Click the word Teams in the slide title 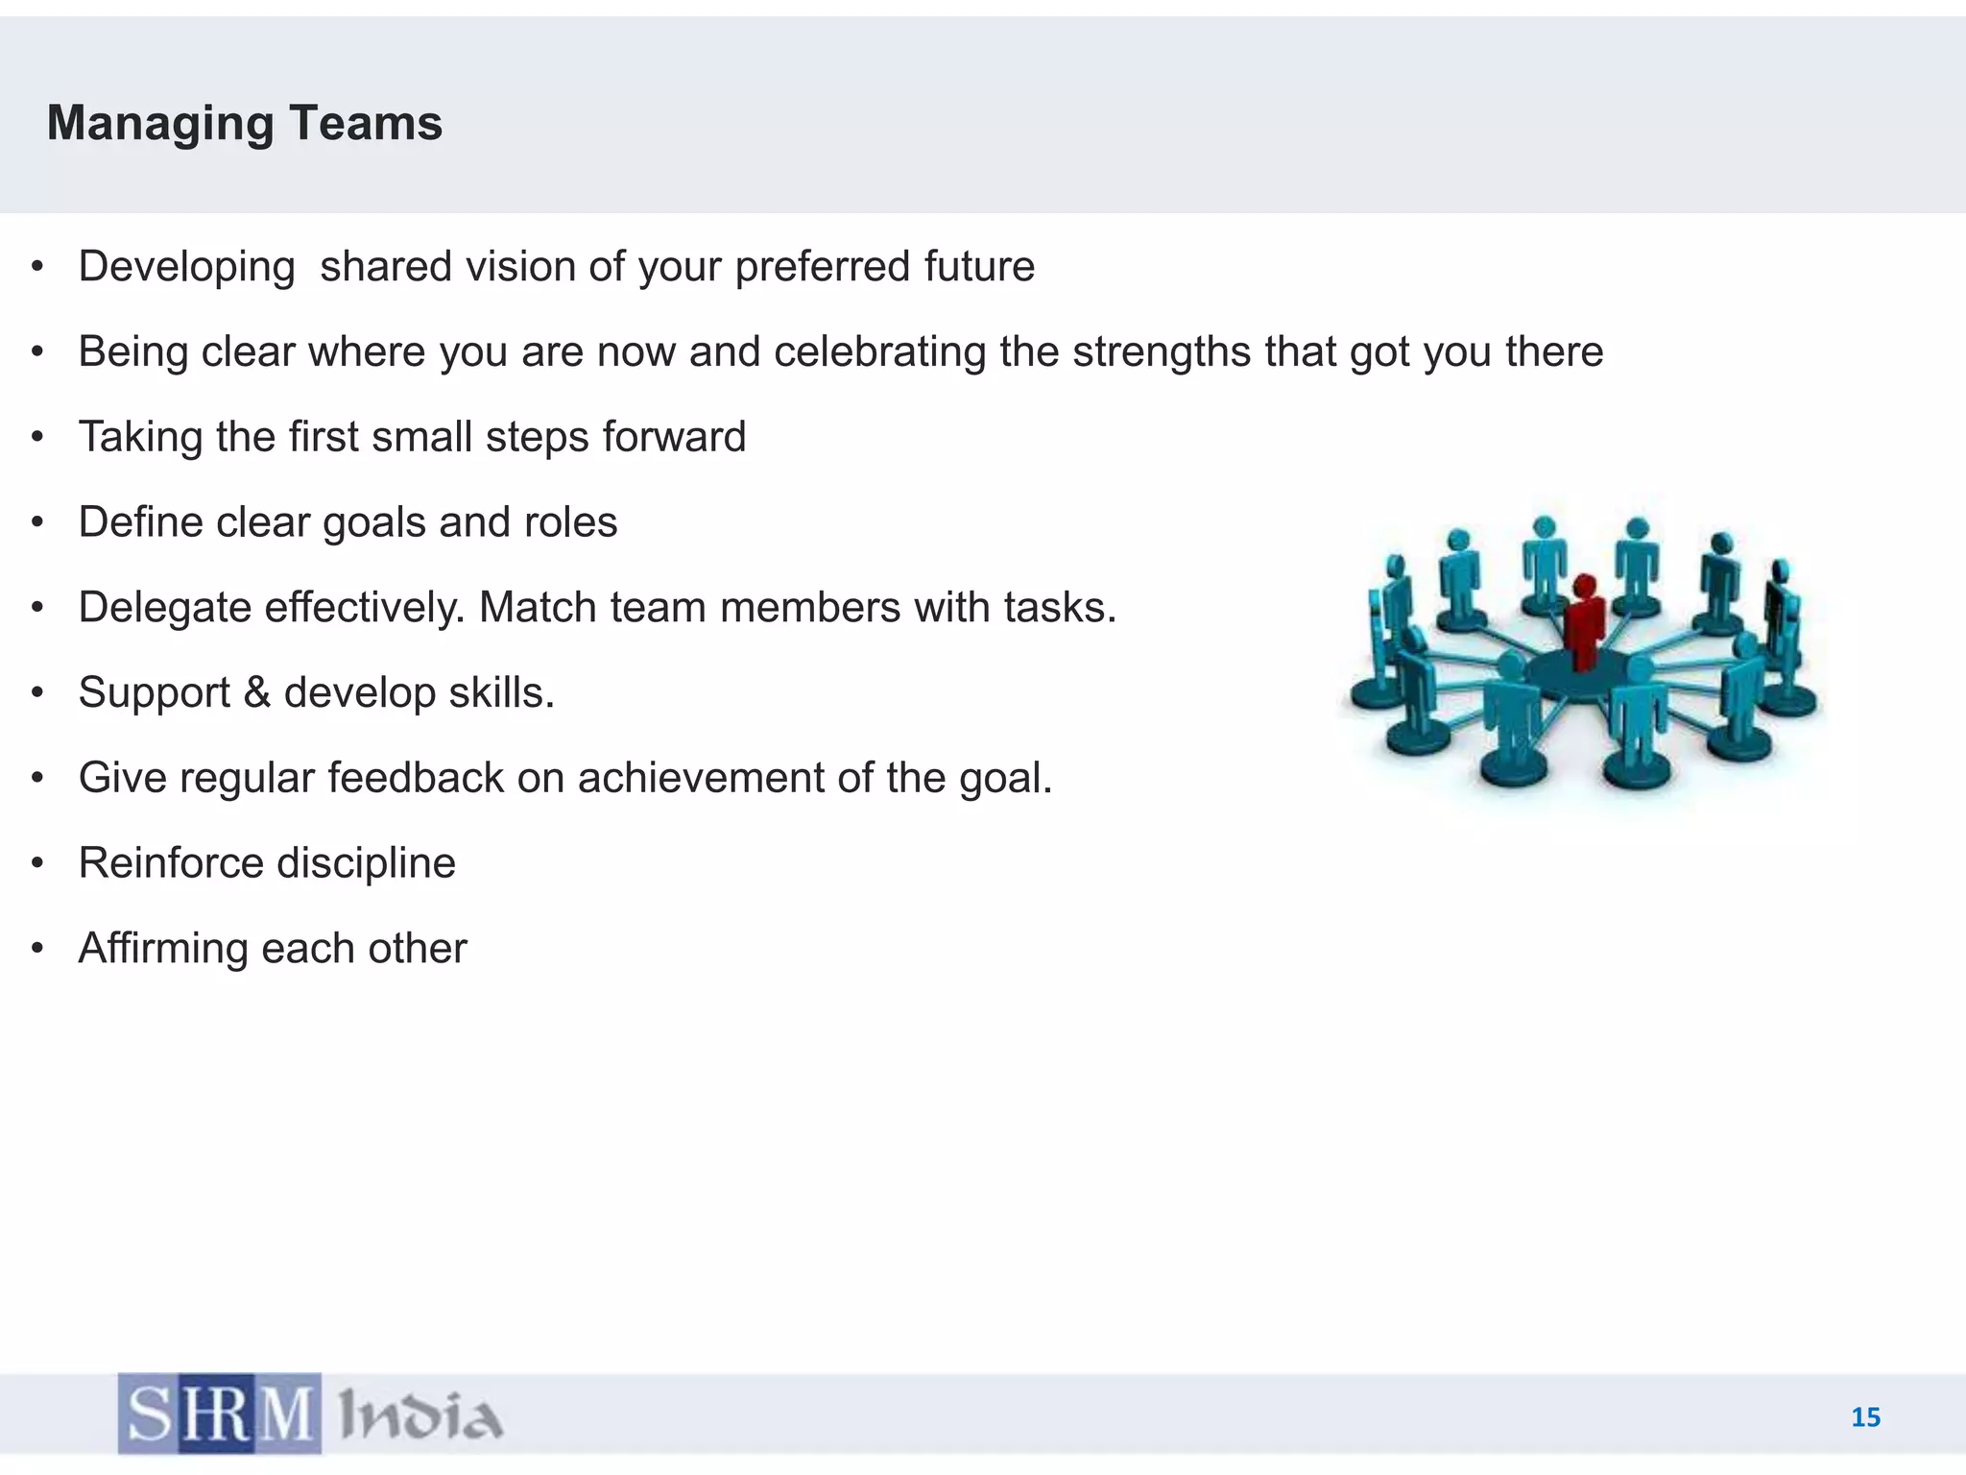(x=365, y=123)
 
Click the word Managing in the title (x=160, y=125)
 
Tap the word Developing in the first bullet (x=186, y=268)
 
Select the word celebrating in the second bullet (x=880, y=351)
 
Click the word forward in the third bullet (x=674, y=437)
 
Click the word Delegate (x=164, y=609)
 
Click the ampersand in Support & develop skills (x=257, y=692)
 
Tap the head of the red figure (x=1585, y=585)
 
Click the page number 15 (x=1865, y=1417)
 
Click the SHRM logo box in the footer (x=220, y=1414)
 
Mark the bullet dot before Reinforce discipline (x=37, y=863)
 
